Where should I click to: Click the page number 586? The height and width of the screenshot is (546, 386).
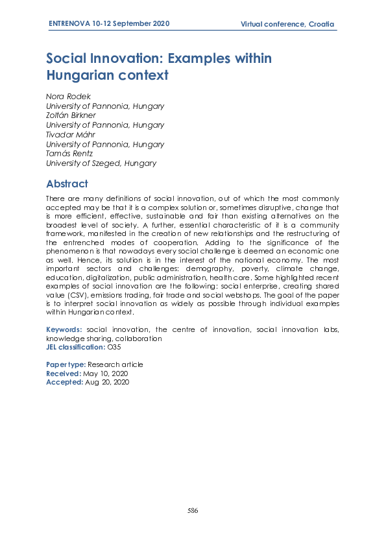click(193, 510)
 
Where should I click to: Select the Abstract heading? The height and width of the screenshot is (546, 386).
click(67, 184)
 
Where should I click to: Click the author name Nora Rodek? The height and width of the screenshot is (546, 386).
click(64, 96)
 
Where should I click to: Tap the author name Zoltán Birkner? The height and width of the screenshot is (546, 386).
click(68, 115)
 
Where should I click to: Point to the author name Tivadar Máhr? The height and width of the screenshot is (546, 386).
click(67, 135)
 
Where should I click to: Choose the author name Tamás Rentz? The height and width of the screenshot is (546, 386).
click(67, 154)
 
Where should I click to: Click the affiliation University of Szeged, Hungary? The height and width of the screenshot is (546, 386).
click(101, 164)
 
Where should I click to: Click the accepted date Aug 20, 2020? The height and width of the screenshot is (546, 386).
click(108, 383)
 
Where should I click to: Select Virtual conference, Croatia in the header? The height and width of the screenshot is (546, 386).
click(287, 25)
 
